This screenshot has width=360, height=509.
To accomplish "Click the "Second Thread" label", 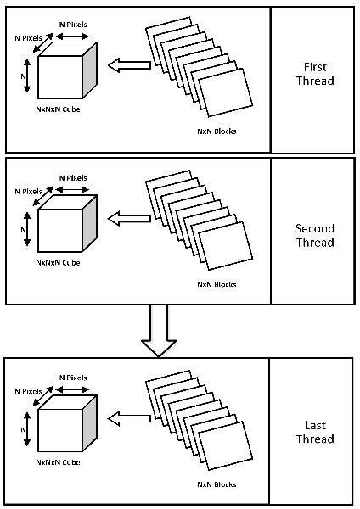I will coord(314,235).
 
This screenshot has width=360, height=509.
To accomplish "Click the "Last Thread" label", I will coord(313,432).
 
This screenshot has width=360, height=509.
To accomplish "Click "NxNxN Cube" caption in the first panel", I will coord(59,111).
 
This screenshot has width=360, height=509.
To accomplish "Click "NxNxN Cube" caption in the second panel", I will coord(59,263).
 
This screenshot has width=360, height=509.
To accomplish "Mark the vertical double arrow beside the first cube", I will coord(28,76).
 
